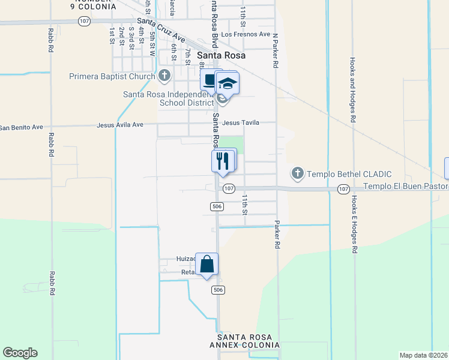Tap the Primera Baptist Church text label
(x=112, y=76)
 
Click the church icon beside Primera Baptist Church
(x=165, y=76)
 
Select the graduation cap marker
(x=228, y=83)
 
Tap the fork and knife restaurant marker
(x=223, y=160)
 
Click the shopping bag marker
(x=206, y=264)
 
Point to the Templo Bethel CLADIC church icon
(x=297, y=174)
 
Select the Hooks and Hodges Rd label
(x=354, y=91)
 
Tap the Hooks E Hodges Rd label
(x=354, y=224)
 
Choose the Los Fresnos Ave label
(x=246, y=35)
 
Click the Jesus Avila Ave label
(x=120, y=125)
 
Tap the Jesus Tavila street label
(x=241, y=122)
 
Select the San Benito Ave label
(x=21, y=127)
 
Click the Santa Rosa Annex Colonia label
(x=244, y=341)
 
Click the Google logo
(x=20, y=353)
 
